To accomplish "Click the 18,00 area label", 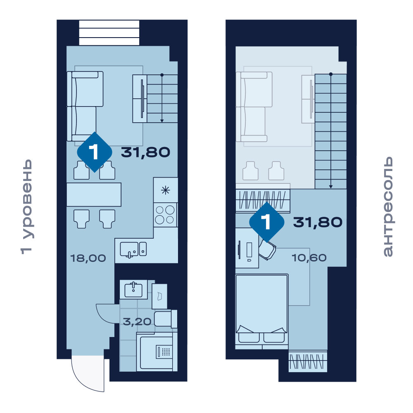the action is coord(88,258).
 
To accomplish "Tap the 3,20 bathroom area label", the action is coord(137,322).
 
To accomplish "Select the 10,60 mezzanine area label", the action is coord(309,258).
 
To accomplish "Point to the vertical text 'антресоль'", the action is coord(388,206).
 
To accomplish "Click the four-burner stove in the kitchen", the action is coord(165,215).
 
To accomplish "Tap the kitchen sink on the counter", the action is coord(133,249).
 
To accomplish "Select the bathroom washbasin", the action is coord(133,290).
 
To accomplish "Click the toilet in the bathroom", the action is coord(166,319).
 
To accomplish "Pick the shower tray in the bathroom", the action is coord(157,351).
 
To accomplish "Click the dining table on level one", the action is coord(94,195).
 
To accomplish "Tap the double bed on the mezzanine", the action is coord(262,311).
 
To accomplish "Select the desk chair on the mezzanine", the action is coord(267,250).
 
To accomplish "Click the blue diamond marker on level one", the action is coord(95,152).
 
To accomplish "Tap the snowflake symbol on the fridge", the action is coord(166,190).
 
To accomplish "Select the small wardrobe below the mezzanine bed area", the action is coord(308,361).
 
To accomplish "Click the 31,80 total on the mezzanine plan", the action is coord(318,222).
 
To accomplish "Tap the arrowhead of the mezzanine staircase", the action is coord(330,187).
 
